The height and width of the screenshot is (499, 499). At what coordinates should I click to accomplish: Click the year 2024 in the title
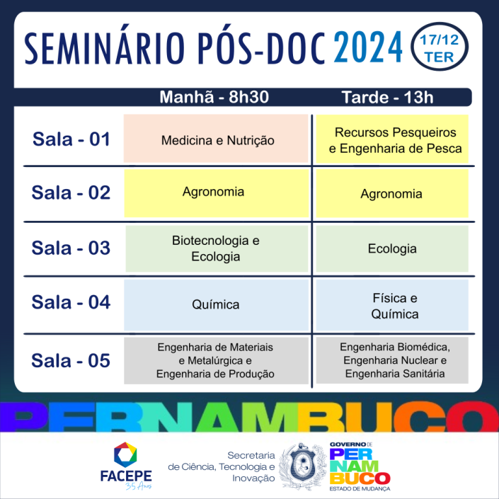click(368, 47)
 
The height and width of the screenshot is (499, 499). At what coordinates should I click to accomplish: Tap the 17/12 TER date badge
click(440, 47)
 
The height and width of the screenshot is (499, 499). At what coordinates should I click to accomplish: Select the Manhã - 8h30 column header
click(214, 97)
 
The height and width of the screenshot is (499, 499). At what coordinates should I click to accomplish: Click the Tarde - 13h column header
click(387, 97)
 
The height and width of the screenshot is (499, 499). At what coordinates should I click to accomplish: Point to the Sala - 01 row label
click(71, 139)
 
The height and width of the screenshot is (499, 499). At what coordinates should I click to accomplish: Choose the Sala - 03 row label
click(71, 248)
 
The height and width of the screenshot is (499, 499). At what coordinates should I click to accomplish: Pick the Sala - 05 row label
click(71, 360)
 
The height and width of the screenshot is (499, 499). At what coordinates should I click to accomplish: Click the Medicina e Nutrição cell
click(216, 139)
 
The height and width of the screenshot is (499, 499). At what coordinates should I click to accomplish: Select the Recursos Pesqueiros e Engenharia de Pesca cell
click(392, 139)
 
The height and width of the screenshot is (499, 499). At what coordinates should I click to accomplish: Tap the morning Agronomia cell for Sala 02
click(217, 193)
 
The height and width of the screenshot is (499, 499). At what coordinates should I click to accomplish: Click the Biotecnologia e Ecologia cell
click(217, 249)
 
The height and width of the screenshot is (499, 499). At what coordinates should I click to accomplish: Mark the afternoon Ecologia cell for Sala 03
click(392, 249)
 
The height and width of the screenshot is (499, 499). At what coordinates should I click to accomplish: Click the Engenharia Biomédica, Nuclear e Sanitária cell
click(392, 360)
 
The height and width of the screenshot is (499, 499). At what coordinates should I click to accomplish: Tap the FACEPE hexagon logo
click(125, 455)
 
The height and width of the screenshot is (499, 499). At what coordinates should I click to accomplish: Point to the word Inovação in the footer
click(253, 478)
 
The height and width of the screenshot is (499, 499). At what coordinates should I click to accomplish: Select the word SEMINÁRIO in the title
click(104, 47)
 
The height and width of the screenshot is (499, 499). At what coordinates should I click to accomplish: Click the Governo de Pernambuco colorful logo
click(360, 466)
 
